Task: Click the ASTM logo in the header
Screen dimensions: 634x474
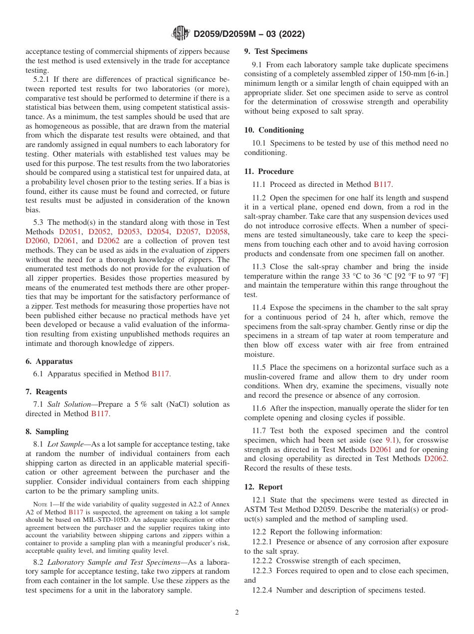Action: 181,33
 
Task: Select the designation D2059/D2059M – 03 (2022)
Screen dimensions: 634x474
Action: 249,34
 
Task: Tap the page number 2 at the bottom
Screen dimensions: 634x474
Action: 237,613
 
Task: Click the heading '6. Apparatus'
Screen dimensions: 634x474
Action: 49,361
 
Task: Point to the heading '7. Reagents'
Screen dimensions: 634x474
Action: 46,392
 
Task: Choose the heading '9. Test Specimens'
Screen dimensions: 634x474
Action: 275,51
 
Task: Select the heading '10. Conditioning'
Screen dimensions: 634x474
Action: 274,130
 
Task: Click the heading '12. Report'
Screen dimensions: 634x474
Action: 263,487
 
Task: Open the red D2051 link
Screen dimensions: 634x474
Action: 70,232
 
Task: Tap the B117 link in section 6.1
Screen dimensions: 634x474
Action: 161,374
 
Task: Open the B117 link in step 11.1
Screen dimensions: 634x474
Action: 383,184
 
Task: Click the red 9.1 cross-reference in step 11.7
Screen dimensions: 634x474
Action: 392,440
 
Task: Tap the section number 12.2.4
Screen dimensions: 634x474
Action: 262,590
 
